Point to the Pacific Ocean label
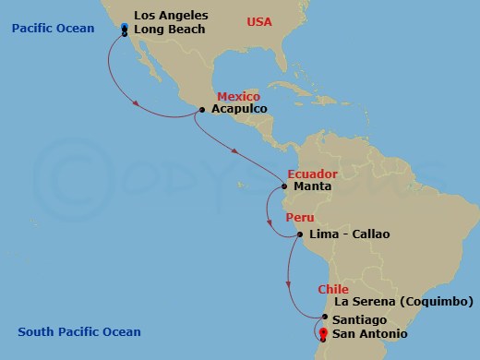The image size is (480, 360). (54, 29)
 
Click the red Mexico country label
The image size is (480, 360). (238, 96)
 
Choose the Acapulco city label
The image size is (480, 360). (239, 109)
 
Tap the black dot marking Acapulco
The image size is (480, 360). (202, 111)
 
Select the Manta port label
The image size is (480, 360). (310, 186)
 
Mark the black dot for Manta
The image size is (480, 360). (284, 186)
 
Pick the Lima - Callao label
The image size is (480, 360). (350, 234)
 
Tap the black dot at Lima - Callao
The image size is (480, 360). (300, 234)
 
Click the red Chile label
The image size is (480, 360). (332, 289)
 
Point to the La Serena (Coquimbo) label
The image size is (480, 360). (404, 302)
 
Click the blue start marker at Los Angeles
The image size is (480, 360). (125, 29)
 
